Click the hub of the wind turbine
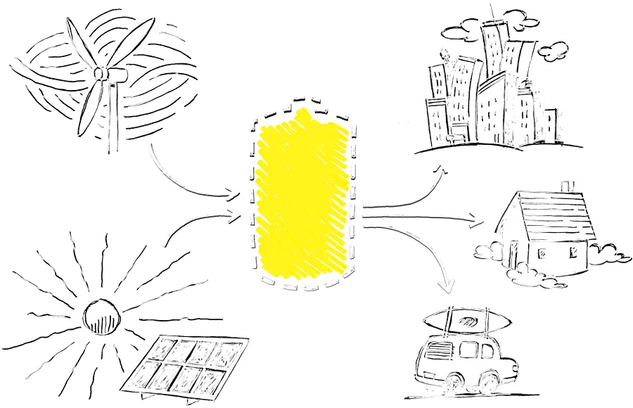tap(101, 73)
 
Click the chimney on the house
tap(568, 188)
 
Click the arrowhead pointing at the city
tap(441, 166)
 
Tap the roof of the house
tap(556, 215)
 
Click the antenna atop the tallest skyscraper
tap(492, 12)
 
